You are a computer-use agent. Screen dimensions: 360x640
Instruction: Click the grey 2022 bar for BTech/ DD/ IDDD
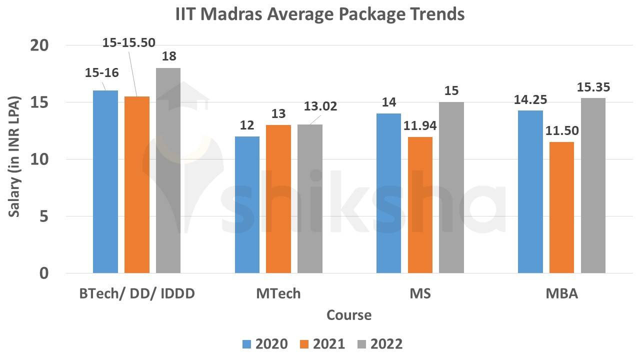pyautogui.click(x=168, y=170)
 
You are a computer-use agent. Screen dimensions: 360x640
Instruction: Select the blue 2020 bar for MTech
pyautogui.click(x=247, y=205)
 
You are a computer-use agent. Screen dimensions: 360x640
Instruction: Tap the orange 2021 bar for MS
pyautogui.click(x=420, y=205)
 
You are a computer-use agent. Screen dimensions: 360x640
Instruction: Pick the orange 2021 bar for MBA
pyautogui.click(x=561, y=207)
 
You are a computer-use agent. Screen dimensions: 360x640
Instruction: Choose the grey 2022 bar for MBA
pyautogui.click(x=593, y=185)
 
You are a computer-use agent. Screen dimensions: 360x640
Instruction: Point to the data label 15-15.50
pyautogui.click(x=128, y=43)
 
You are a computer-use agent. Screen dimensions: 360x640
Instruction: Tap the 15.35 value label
pyautogui.click(x=593, y=87)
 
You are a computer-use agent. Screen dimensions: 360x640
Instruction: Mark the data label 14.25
pyautogui.click(x=530, y=99)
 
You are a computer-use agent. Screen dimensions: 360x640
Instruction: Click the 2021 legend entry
pyautogui.click(x=322, y=344)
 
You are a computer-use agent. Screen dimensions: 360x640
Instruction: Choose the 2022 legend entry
pyautogui.click(x=379, y=344)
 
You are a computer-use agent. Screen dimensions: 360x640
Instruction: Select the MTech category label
pyautogui.click(x=278, y=293)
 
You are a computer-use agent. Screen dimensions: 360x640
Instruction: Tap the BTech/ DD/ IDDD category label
pyautogui.click(x=137, y=293)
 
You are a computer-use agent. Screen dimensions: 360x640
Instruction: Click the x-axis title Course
pyautogui.click(x=349, y=315)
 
